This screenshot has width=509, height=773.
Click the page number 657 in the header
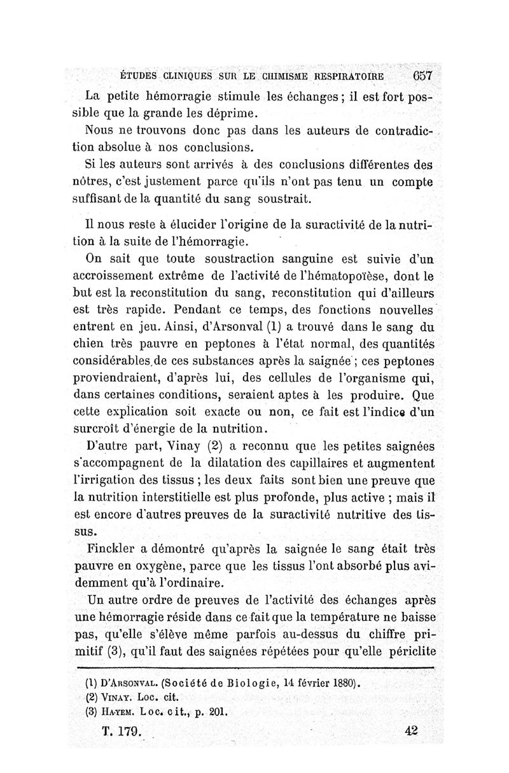[x=422, y=76]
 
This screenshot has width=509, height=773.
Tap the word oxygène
[x=169, y=564]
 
